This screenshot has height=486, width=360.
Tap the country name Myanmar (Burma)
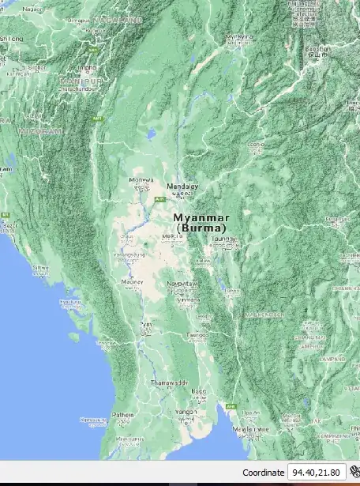201,222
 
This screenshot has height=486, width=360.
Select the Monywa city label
141,180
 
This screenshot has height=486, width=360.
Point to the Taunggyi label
224,238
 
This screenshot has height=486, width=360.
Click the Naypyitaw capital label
182,282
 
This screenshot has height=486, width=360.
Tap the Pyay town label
146,324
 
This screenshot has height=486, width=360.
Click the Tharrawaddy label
170,382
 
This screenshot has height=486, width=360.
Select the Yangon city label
186,412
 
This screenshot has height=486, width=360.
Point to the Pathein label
122,414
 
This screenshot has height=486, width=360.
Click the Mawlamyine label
251,428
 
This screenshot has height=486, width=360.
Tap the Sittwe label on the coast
40,268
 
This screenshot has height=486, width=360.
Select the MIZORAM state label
39,131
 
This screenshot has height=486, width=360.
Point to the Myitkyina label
239,36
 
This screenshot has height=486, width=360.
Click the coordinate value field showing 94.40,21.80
316,472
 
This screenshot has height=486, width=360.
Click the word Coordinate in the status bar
263,472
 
